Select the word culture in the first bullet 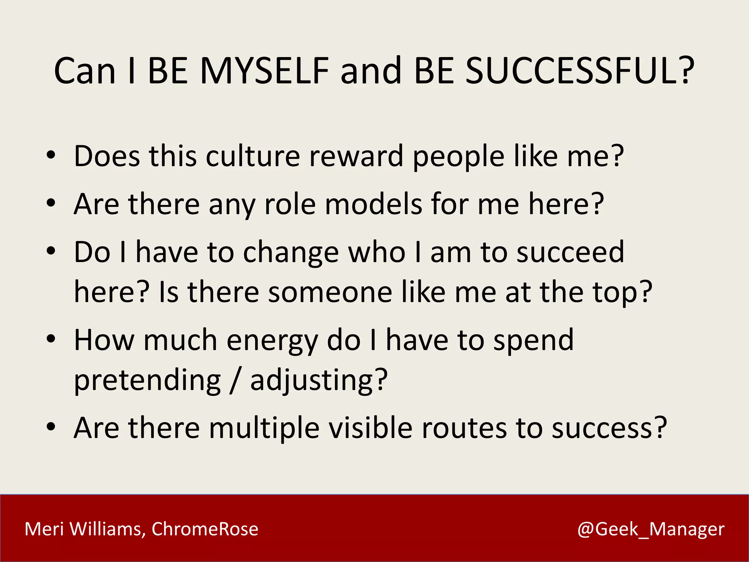(253, 156)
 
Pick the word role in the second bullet (290, 204)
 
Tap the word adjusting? (319, 381)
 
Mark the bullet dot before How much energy (51, 338)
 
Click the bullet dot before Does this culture (51, 155)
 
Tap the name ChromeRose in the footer (205, 529)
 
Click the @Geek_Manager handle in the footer (651, 529)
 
